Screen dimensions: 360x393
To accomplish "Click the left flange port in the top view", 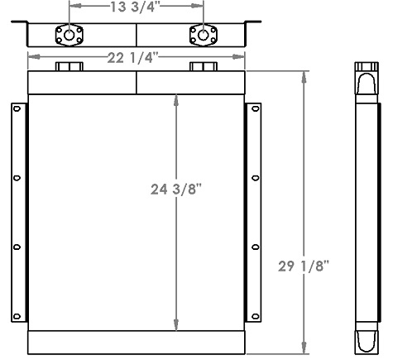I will click(x=67, y=35).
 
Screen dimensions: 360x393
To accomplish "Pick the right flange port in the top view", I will click(x=203, y=35).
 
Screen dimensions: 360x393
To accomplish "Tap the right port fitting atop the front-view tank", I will click(x=203, y=67).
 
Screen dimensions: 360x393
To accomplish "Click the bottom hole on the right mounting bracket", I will click(x=255, y=314).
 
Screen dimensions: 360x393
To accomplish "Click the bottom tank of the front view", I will click(x=137, y=342).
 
